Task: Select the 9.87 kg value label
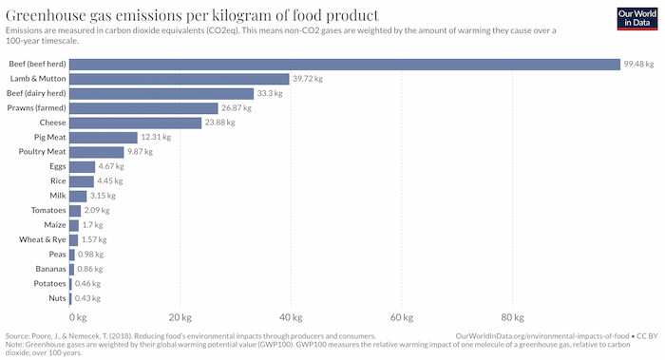(143, 152)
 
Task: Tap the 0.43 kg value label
(89, 298)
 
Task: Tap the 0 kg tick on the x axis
(78, 317)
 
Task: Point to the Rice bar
(81, 181)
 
